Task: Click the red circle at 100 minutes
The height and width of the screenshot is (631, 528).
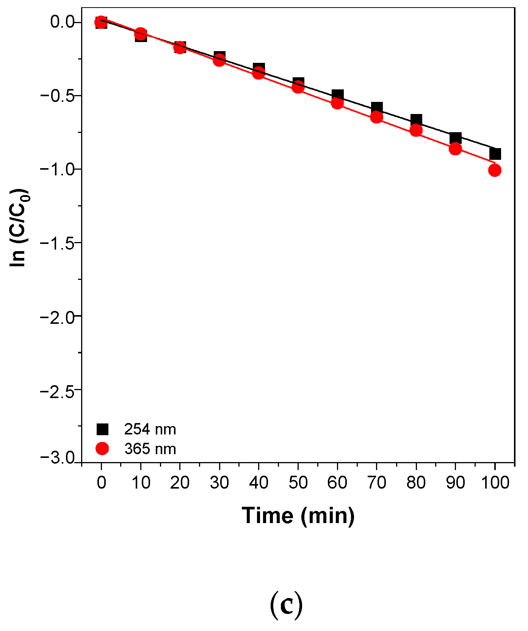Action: [495, 170]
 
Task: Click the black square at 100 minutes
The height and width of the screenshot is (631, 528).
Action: [495, 154]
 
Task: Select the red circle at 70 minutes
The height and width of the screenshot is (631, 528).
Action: [376, 117]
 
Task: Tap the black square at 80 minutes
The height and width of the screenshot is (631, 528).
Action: [416, 120]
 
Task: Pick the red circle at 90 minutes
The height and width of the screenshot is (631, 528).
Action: [455, 149]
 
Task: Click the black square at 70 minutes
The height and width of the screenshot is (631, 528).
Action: [377, 108]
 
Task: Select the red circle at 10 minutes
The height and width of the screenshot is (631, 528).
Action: [141, 33]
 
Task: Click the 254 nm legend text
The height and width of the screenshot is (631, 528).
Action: [150, 430]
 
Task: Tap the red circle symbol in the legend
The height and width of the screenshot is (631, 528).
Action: [102, 449]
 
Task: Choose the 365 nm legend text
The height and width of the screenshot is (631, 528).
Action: [150, 449]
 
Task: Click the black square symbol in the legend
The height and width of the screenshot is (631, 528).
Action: [102, 429]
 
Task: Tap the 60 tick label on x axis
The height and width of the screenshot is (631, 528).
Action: [337, 483]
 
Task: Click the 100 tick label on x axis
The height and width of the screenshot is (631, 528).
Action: [495, 483]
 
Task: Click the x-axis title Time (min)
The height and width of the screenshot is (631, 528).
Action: [298, 516]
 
